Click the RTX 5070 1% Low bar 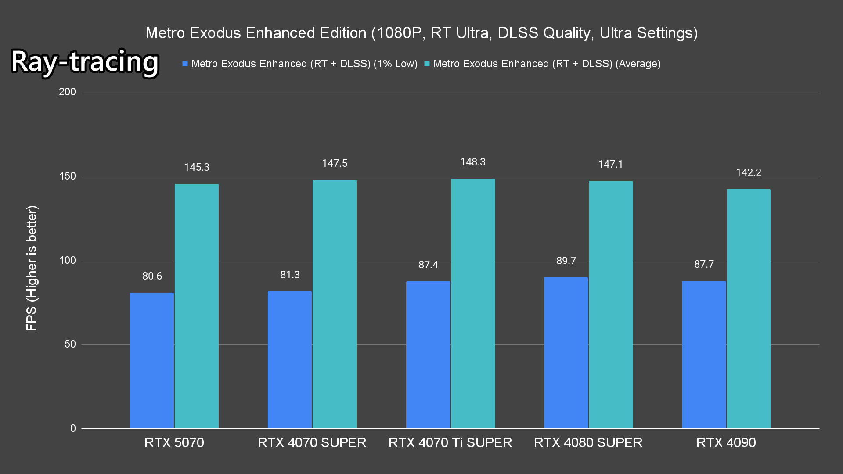click(x=152, y=360)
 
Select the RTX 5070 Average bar click(x=197, y=306)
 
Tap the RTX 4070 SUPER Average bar click(x=335, y=304)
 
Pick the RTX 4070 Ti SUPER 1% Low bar click(x=428, y=355)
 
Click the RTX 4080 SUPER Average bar click(x=610, y=305)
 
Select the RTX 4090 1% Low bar click(x=704, y=355)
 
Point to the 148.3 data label click(x=473, y=162)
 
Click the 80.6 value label click(x=152, y=276)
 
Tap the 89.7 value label click(x=566, y=261)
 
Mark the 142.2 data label click(x=749, y=172)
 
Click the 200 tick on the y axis click(x=67, y=92)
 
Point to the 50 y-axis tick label click(x=70, y=344)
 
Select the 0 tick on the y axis click(x=73, y=428)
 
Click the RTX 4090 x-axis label click(x=726, y=442)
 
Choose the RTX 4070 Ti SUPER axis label click(x=450, y=442)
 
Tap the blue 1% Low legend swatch click(x=185, y=64)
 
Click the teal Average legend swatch click(x=427, y=64)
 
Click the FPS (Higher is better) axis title click(x=32, y=268)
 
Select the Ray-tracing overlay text click(x=85, y=61)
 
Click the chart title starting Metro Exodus click(x=421, y=33)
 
